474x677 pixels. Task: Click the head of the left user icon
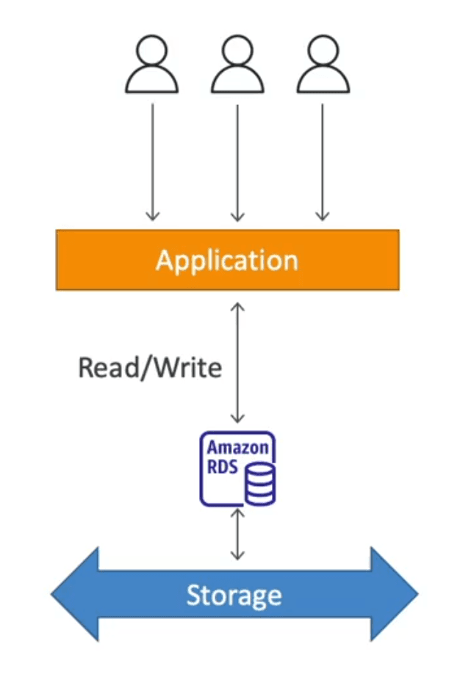click(151, 50)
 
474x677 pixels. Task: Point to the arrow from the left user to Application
click(153, 162)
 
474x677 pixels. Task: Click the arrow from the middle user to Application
click(237, 162)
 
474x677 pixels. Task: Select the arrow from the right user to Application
click(323, 162)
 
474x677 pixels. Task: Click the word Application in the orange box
click(227, 261)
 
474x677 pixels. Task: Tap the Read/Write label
click(150, 368)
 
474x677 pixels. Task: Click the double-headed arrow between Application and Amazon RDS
click(237, 363)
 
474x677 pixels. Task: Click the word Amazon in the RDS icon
click(237, 447)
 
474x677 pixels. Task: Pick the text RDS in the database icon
click(222, 467)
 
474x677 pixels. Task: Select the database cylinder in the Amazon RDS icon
click(259, 484)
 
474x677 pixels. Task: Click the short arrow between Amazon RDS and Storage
click(237, 534)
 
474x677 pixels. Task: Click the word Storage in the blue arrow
click(234, 595)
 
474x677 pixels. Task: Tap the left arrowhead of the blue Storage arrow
click(75, 594)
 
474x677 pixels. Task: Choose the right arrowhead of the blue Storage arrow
click(394, 594)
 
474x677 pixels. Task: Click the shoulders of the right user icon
click(323, 83)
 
